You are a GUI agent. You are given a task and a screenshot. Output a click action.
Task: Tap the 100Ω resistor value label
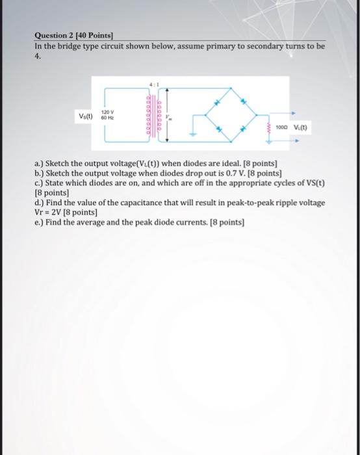tap(282, 128)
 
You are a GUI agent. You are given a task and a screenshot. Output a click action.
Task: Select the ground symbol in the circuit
tap(192, 135)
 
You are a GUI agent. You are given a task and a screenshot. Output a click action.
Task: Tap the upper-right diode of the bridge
tap(244, 102)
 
